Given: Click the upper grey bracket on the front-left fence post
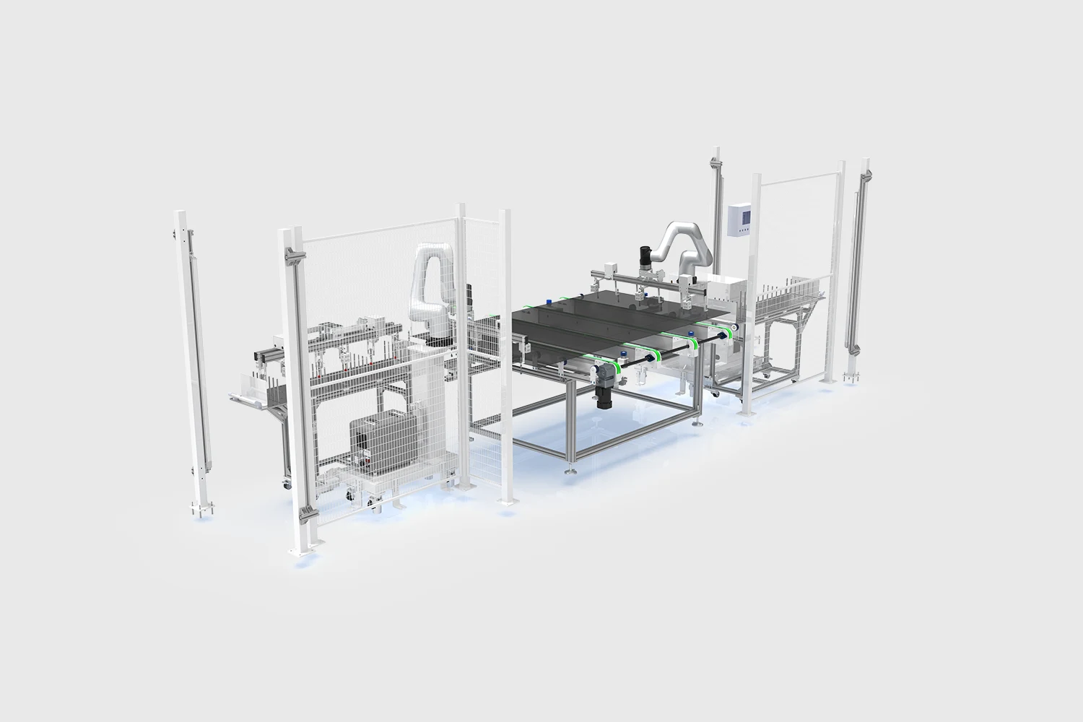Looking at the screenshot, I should coord(292,256).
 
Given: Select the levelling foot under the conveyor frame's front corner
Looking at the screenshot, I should coord(570,471).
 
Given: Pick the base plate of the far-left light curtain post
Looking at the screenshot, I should coord(203,511).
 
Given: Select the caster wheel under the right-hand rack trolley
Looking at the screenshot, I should coord(794,377).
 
